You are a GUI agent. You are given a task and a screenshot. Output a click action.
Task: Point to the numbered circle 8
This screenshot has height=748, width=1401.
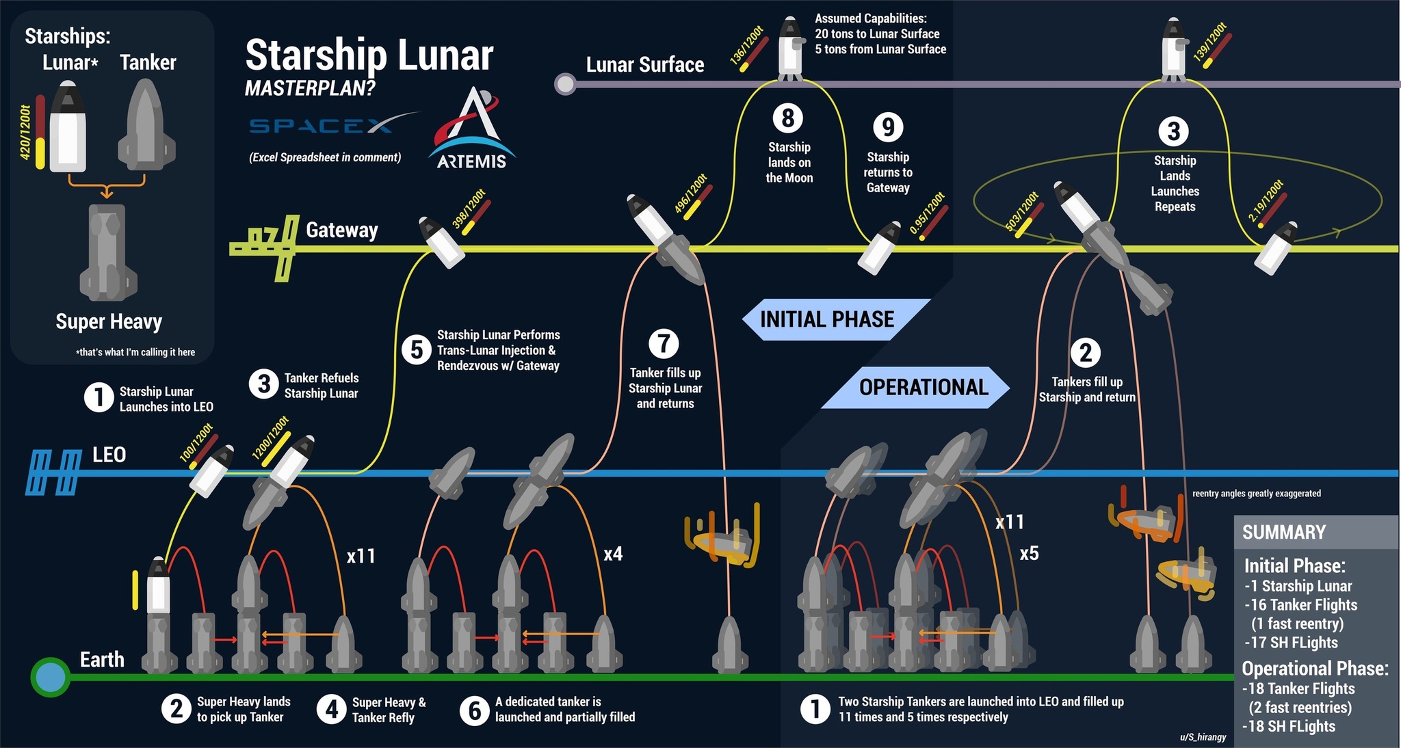(x=788, y=118)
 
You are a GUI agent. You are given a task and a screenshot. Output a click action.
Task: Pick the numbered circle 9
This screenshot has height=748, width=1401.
(x=888, y=127)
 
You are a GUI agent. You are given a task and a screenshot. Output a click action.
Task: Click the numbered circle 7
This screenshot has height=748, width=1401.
(x=664, y=343)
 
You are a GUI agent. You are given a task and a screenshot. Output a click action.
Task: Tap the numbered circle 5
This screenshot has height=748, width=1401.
(x=417, y=350)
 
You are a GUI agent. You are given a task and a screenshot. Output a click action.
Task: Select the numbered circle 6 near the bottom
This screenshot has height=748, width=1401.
(x=475, y=710)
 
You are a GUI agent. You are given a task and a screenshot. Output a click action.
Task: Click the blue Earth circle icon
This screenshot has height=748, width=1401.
(x=50, y=678)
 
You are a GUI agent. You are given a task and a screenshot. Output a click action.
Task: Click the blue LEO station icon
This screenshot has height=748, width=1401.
(x=53, y=472)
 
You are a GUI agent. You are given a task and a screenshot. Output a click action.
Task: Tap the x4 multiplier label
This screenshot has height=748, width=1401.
(x=613, y=554)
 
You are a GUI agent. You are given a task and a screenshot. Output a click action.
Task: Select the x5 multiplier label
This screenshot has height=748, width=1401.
(x=1029, y=553)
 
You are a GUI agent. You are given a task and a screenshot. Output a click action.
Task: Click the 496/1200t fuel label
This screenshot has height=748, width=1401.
(x=691, y=195)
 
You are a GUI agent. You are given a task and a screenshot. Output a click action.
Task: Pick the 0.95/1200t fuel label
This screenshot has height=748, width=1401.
(x=927, y=213)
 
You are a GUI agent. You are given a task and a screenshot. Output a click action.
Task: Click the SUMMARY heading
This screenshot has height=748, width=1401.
(x=1284, y=532)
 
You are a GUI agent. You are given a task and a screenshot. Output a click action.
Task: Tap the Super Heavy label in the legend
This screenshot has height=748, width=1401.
(x=109, y=321)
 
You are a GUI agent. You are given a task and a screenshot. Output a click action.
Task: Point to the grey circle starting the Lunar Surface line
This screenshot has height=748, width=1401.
(x=565, y=84)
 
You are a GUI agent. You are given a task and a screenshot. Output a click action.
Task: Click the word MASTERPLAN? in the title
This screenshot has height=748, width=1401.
(x=311, y=88)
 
